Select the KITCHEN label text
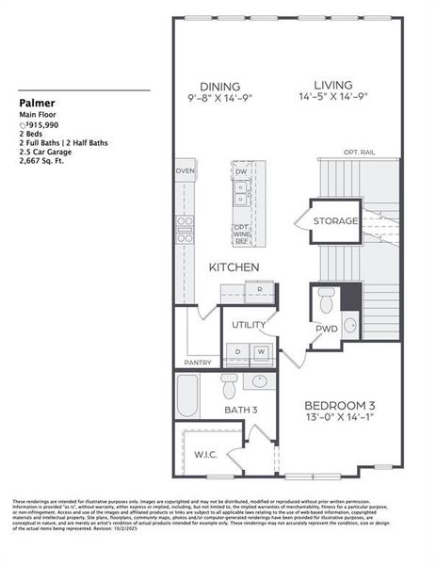click(x=234, y=267)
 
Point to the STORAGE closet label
click(x=335, y=221)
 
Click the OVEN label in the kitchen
click(x=185, y=171)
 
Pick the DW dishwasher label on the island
click(x=242, y=172)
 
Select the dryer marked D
click(x=238, y=352)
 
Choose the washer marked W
click(x=261, y=352)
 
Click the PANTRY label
click(x=198, y=362)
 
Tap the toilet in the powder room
click(x=326, y=300)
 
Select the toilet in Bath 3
click(x=229, y=387)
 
